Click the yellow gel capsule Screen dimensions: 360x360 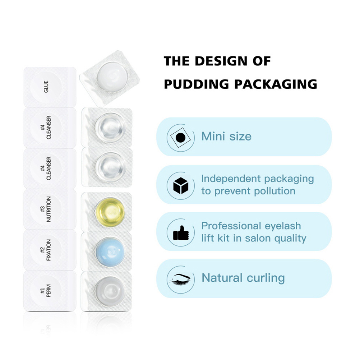coord(110,211)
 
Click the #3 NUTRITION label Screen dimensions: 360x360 coord(46,209)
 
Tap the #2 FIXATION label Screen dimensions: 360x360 coord(46,250)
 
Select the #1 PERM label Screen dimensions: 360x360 coord(46,290)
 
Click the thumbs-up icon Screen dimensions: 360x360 coord(181,233)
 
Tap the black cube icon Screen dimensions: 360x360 coord(181,186)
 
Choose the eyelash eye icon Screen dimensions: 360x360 coord(181,278)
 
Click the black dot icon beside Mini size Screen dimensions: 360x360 coord(181,137)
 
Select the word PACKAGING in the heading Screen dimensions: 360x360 coord(276,84)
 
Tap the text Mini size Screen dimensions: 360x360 coord(226,137)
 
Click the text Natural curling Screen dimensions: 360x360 coord(243,278)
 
